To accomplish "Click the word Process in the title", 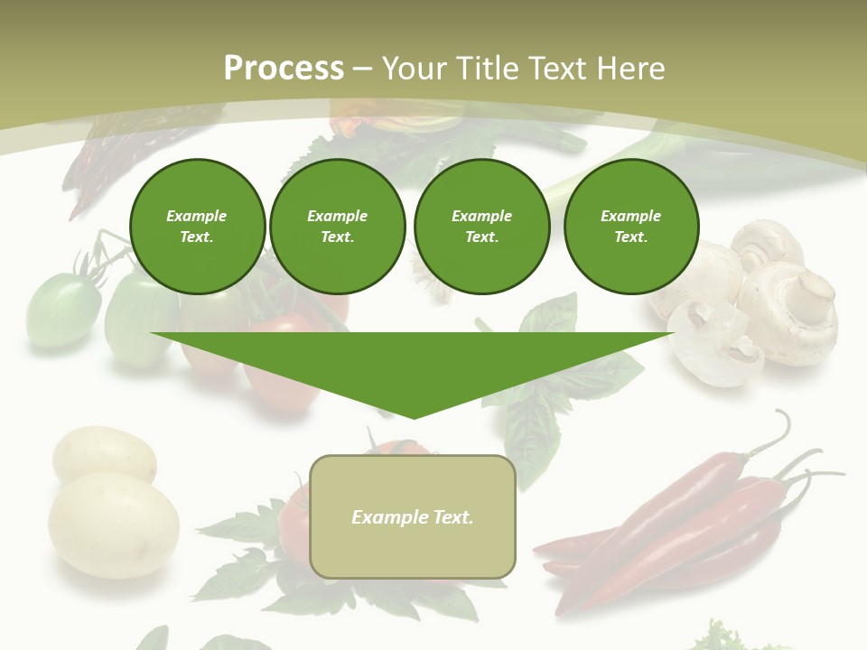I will [284, 69].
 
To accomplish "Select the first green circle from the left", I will [197, 227].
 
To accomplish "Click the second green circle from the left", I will [337, 227].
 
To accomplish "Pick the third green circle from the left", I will [481, 227].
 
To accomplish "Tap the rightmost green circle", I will [630, 227].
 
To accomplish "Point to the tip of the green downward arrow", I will [413, 416].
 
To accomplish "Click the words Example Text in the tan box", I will [412, 517].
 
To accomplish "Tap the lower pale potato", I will [113, 524].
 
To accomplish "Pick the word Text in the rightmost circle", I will [630, 237].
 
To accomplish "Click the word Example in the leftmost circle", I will [197, 216].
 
